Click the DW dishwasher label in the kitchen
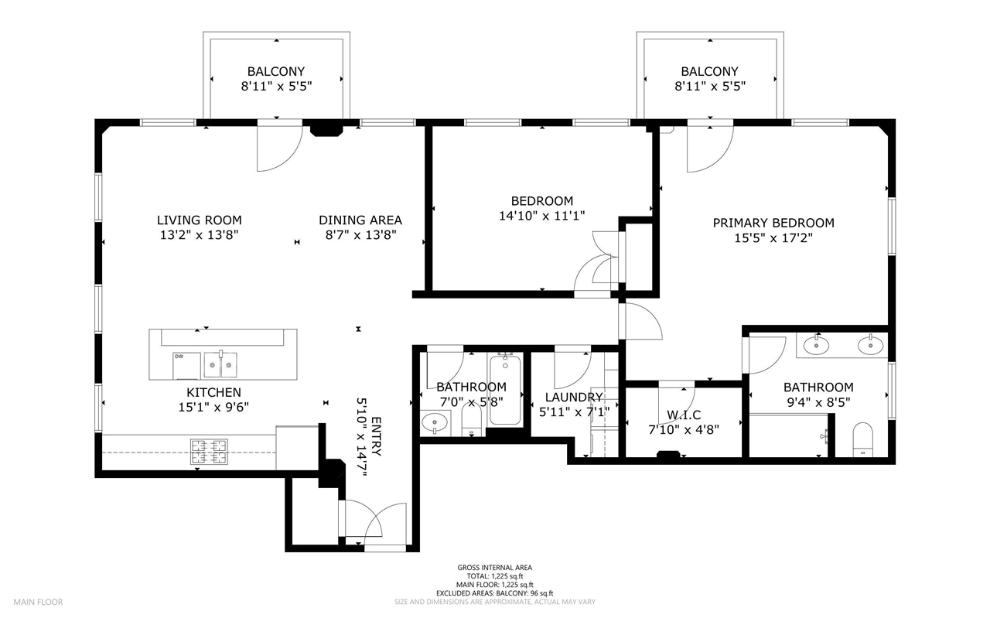179,357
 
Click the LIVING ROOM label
199,220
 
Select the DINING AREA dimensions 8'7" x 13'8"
360,236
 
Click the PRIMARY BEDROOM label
773,223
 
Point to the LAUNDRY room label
573,398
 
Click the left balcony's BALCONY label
276,71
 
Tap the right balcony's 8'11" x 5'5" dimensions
709,87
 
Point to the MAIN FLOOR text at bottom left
38,602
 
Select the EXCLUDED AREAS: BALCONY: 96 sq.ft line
494,593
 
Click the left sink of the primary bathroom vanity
816,346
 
